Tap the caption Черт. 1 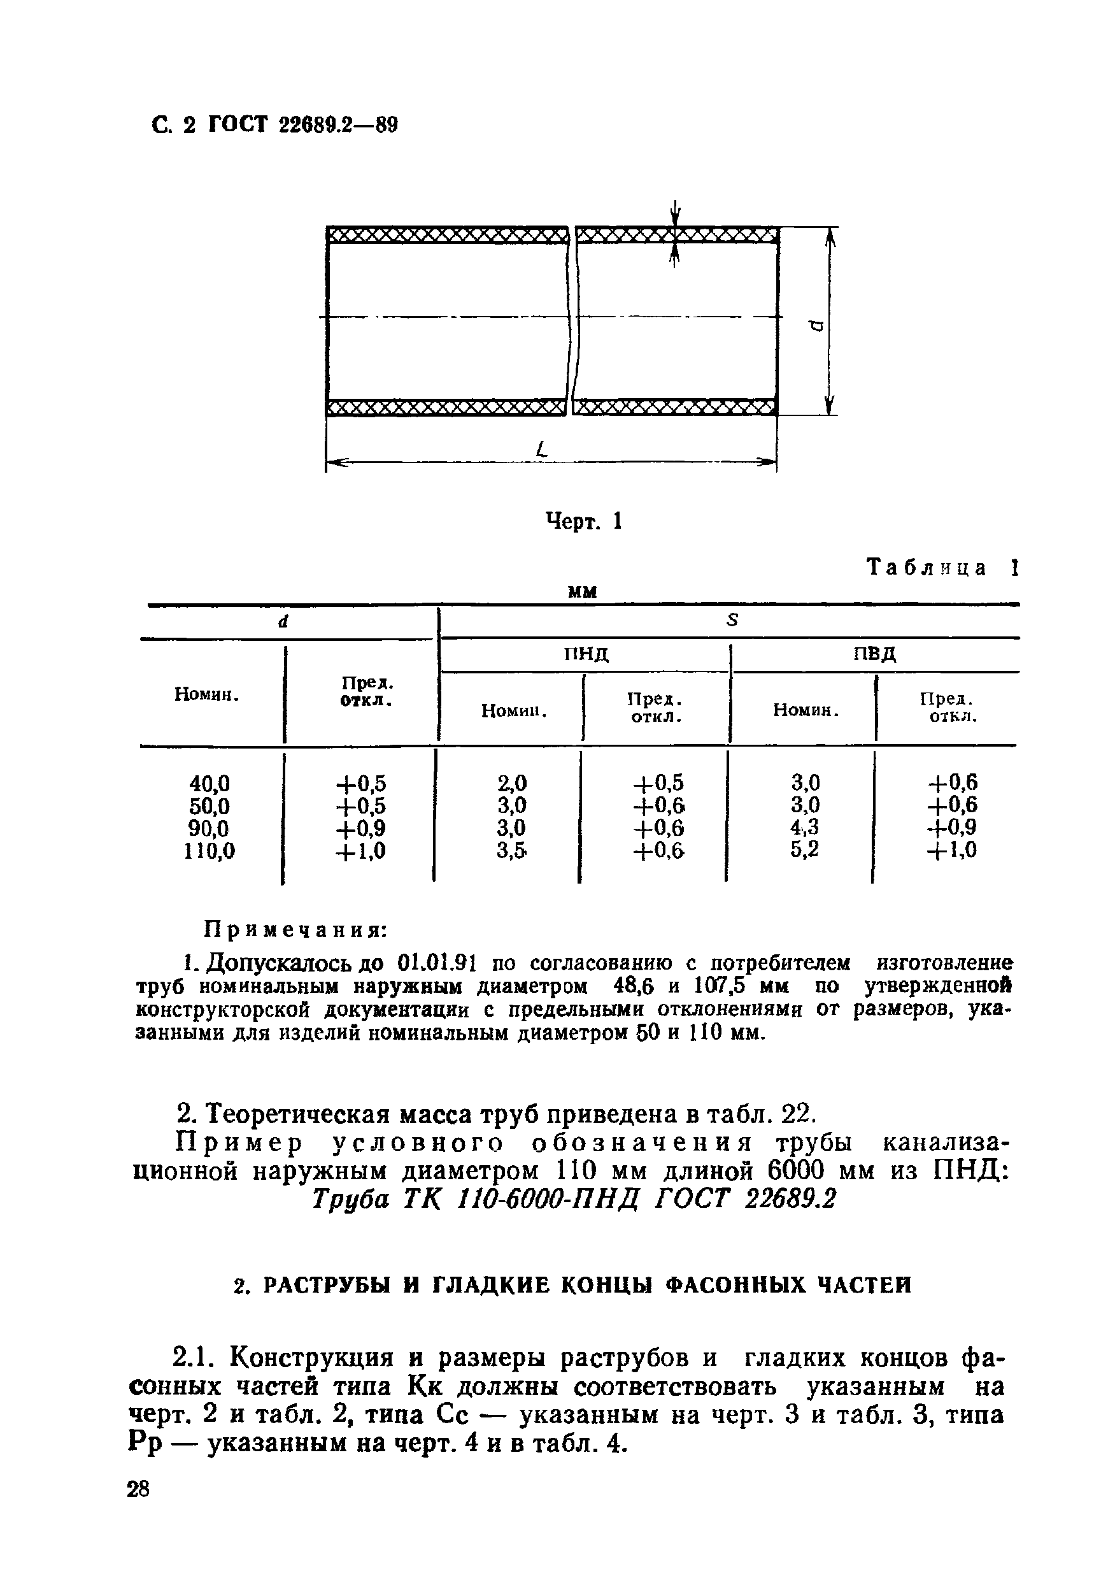[583, 522]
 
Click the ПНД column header [586, 654]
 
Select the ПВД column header [874, 653]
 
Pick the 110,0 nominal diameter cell [210, 852]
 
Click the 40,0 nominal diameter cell [210, 783]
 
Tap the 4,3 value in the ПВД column [804, 827]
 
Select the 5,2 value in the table [804, 850]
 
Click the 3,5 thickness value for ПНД [512, 851]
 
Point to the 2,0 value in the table [512, 783]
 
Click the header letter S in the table [732, 620]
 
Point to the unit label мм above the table [583, 591]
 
